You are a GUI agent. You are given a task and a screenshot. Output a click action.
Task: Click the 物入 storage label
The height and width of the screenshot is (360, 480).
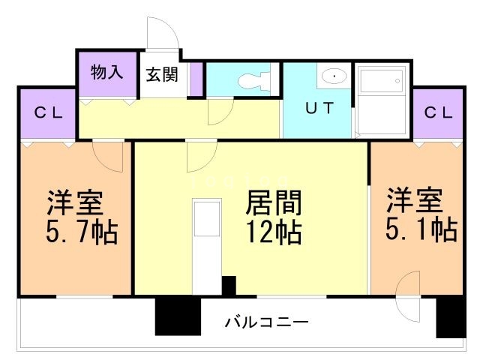(107, 73)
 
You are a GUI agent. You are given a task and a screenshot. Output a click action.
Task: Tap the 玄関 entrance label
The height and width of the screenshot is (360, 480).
(161, 74)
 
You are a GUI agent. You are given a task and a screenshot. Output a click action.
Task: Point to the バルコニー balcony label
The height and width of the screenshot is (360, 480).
(266, 323)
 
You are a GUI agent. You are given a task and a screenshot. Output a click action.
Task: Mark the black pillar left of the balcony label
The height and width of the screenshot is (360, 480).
(178, 316)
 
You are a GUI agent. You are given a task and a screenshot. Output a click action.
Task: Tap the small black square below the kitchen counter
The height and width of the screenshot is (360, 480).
(229, 286)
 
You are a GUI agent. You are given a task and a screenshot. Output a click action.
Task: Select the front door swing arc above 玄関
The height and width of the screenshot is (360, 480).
(161, 34)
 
